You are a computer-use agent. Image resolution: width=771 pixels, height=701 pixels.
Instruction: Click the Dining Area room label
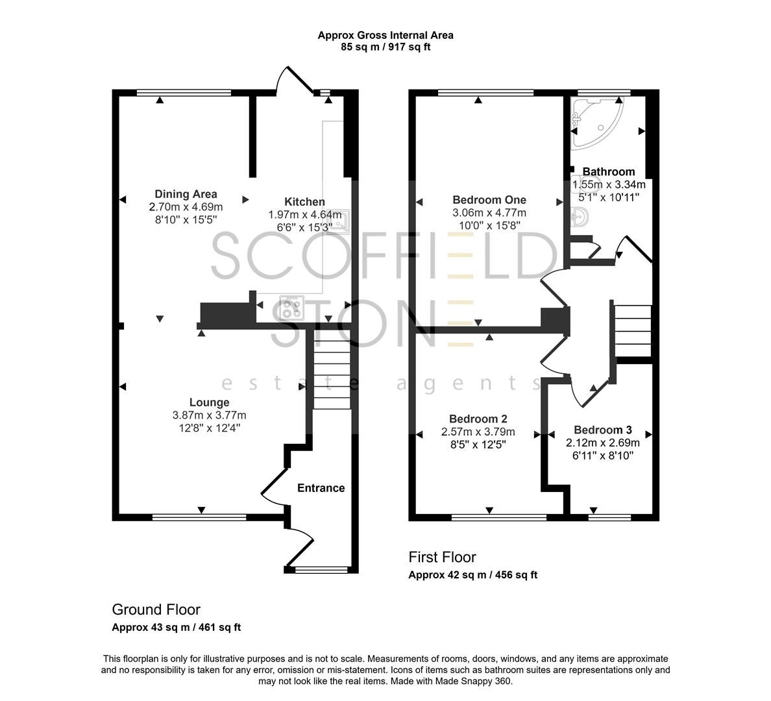(186, 194)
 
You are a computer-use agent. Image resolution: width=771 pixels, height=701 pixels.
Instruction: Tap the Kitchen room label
(304, 202)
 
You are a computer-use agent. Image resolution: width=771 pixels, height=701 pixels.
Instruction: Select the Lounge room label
(209, 402)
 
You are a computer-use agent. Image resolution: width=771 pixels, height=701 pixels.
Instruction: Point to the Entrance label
(321, 488)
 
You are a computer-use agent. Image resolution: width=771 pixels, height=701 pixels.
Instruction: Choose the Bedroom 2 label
(478, 419)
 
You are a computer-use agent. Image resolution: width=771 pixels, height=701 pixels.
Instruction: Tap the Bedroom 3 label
(602, 430)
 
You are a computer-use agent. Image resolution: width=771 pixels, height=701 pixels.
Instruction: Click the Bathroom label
(608, 172)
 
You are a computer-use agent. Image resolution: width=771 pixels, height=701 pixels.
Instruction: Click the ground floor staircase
(332, 370)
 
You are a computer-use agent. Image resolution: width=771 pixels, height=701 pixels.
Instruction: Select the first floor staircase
(632, 331)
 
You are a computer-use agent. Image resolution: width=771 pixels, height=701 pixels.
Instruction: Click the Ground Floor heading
(156, 609)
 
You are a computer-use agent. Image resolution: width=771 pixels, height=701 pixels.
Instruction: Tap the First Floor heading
(442, 557)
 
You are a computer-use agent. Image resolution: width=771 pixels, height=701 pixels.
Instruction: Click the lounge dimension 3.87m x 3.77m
(209, 415)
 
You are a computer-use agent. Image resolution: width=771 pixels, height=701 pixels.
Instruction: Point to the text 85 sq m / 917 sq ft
(385, 47)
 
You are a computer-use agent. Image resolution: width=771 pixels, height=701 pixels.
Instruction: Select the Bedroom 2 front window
(499, 517)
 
